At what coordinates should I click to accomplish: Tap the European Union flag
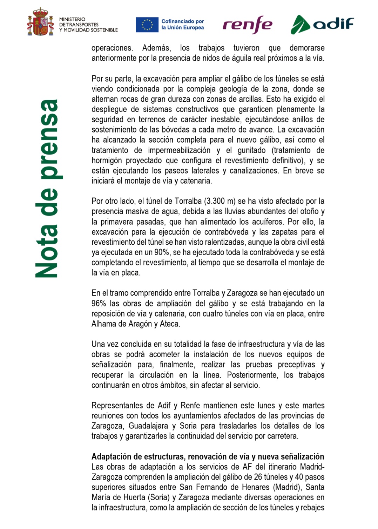(x=147, y=25)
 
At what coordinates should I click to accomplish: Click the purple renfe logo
(x=247, y=25)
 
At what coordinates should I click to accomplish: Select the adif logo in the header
(x=322, y=24)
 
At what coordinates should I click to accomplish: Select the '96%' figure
(x=99, y=304)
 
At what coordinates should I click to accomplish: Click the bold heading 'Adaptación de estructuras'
(x=138, y=457)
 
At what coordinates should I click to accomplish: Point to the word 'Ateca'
(x=169, y=324)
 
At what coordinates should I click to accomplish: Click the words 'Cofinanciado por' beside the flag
(x=183, y=21)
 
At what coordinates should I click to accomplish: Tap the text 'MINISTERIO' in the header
(x=72, y=19)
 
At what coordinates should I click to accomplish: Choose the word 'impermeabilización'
(x=179, y=150)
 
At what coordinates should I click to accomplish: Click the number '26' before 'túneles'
(x=258, y=477)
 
